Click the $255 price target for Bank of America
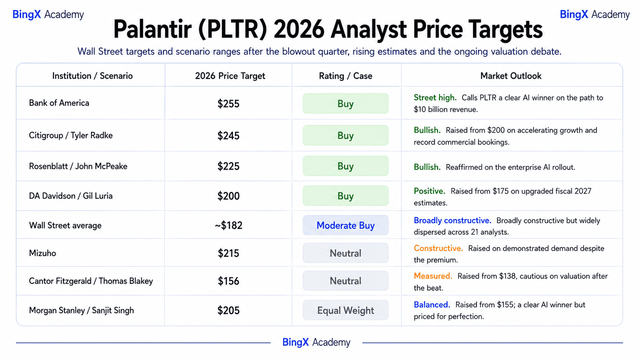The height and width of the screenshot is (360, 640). click(x=228, y=103)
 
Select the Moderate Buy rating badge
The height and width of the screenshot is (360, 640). click(x=345, y=225)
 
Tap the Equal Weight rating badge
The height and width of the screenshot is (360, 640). click(x=345, y=310)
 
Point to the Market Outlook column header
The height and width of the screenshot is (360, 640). click(x=510, y=75)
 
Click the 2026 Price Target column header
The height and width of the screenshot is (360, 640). click(x=230, y=75)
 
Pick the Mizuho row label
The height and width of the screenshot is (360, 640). click(x=42, y=253)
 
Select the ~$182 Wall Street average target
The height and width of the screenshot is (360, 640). click(x=228, y=225)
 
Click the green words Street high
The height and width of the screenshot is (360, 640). click(x=435, y=97)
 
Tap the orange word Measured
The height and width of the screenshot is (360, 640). click(x=433, y=276)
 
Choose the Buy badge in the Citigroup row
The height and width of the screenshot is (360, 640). click(x=345, y=135)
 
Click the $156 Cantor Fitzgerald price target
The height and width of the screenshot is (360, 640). click(x=228, y=281)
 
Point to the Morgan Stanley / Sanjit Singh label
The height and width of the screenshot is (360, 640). click(x=81, y=310)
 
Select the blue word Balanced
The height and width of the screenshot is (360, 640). click(x=431, y=304)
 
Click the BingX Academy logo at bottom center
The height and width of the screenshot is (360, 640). click(x=316, y=342)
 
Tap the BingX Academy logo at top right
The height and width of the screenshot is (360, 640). click(x=594, y=14)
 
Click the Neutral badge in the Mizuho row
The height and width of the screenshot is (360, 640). click(x=345, y=253)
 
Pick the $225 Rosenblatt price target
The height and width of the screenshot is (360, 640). click(x=228, y=166)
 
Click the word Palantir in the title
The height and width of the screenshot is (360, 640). click(x=152, y=29)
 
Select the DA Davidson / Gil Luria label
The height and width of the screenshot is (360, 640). click(x=70, y=195)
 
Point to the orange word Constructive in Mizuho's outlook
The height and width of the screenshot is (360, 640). click(x=438, y=248)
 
